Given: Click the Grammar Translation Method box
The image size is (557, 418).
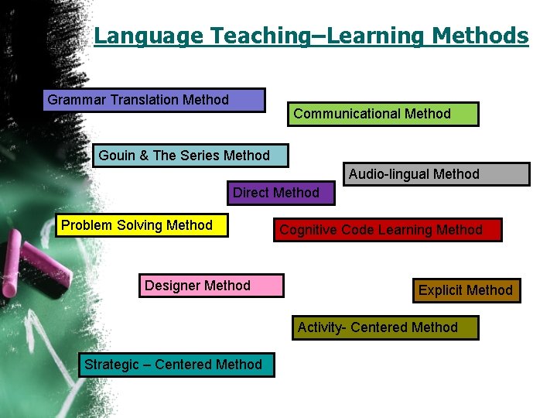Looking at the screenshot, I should (154, 100).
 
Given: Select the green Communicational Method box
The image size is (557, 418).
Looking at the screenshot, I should (383, 114).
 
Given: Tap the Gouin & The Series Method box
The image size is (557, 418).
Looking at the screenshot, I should (190, 156).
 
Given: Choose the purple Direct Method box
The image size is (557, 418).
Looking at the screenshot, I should (280, 193).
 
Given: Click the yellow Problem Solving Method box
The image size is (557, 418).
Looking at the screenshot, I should (144, 225).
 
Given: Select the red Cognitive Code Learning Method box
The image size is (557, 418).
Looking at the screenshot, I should (388, 230).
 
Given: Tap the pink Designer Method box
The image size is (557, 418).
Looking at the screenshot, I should (211, 286).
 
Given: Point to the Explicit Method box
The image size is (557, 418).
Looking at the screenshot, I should (466, 290).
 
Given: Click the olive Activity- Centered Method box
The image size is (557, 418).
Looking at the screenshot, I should (384, 327).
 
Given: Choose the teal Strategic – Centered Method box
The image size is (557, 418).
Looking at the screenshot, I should (176, 365).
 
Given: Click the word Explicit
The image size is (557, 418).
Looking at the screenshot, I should (441, 290).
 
